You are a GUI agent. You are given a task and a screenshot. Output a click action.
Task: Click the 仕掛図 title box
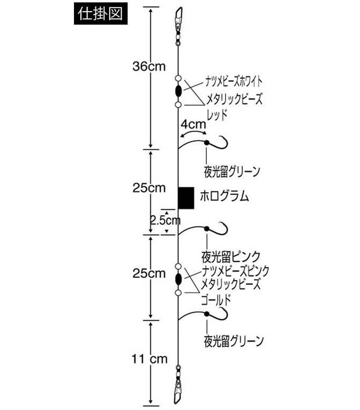pos(101,14)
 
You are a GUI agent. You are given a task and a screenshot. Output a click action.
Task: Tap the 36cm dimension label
pos(149,66)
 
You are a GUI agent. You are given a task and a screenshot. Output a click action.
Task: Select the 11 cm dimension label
pos(149,359)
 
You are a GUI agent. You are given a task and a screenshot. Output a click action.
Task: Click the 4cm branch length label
pos(193,124)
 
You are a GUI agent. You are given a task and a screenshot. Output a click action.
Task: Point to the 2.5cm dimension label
pos(166,221)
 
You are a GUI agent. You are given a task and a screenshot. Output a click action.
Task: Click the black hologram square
pos(186,198)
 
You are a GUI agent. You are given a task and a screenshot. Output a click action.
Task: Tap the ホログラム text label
pos(224,196)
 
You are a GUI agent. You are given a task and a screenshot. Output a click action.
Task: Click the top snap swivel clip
pos(179,25)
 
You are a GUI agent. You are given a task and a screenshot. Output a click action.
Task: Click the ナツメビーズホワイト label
pos(234,81)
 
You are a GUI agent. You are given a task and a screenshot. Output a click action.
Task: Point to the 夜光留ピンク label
pos(231,256)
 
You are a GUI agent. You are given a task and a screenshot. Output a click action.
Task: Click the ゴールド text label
pos(216,300)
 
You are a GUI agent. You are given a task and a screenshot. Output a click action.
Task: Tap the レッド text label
pos(217,115)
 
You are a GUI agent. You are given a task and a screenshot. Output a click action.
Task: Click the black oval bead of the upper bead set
pos(178,91)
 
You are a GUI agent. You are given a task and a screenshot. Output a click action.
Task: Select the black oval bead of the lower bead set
pos(178,279)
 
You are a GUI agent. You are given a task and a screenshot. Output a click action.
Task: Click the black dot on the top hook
pos(207,142)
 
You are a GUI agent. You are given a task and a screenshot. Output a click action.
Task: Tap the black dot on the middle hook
pos(207,229)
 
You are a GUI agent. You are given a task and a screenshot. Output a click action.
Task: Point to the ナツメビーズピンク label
pos(235,271)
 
